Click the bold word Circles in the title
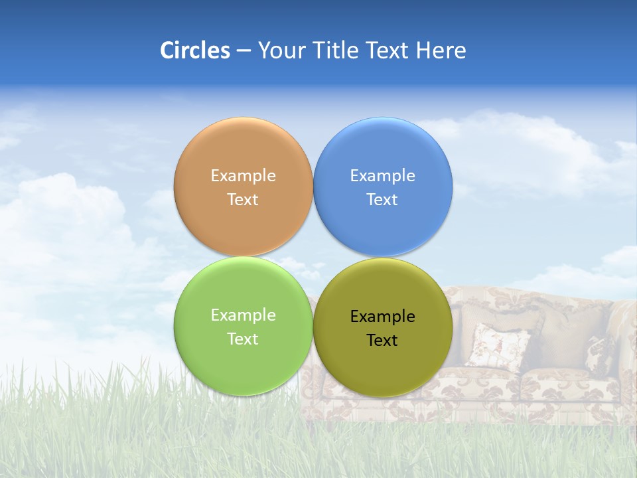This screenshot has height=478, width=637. click(x=195, y=50)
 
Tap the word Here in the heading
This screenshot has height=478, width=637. click(x=441, y=50)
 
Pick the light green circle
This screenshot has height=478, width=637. click(x=243, y=365)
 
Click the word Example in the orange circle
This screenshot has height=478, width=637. click(x=243, y=176)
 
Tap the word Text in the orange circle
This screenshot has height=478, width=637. click(x=243, y=200)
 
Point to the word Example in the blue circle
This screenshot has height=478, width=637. click(x=383, y=176)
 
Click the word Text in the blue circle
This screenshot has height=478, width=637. click(x=383, y=200)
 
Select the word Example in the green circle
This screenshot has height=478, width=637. click(x=243, y=315)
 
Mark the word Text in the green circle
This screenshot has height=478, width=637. click(x=243, y=339)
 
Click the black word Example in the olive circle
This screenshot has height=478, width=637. click(x=383, y=317)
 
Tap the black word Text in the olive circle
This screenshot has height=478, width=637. click(x=383, y=341)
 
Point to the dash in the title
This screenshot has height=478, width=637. click(x=244, y=51)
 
